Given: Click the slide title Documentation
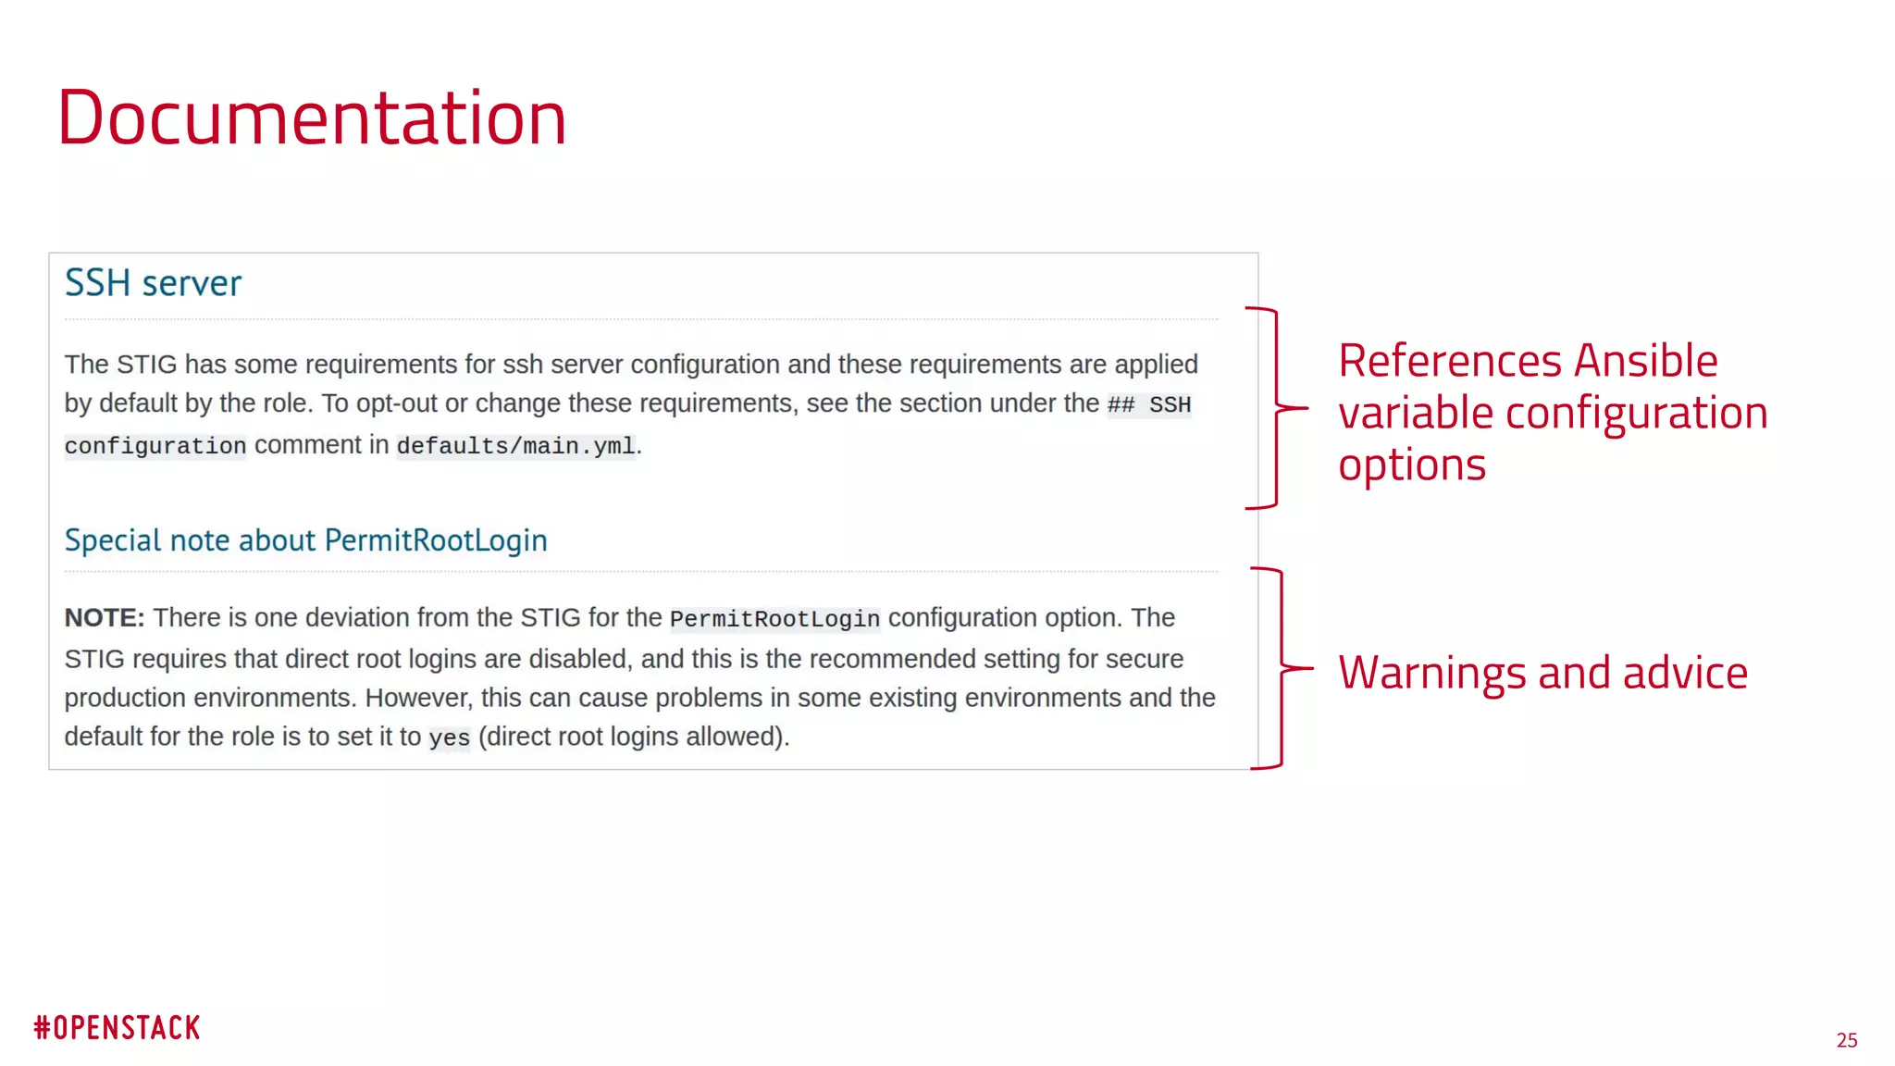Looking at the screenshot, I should tap(312, 118).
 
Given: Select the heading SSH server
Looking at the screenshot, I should tap(153, 283).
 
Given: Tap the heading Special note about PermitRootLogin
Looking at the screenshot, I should tap(305, 540).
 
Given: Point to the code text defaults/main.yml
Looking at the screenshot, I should tap(516, 446).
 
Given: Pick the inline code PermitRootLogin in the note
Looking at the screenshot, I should tap(774, 619).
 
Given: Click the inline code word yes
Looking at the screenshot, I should tap(450, 738).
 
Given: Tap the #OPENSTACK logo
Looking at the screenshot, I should tap(118, 1028).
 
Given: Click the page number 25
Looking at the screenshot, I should tap(1847, 1040).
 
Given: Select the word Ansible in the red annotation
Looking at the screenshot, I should tap(1646, 361).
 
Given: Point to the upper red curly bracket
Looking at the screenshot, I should tap(1277, 407).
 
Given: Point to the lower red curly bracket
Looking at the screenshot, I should tap(1282, 667).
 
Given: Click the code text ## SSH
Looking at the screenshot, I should tap(1149, 405).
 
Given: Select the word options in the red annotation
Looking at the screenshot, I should tap(1412, 465).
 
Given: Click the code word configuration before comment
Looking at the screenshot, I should tap(155, 446).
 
